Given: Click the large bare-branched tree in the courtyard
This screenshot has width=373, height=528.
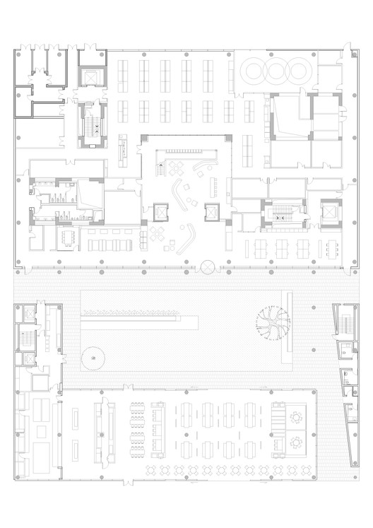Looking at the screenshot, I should (x=273, y=324).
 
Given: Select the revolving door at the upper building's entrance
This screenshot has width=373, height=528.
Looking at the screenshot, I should (x=207, y=268).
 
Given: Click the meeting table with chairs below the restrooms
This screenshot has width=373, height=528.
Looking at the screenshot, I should (x=69, y=236).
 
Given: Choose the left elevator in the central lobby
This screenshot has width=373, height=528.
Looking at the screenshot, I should (x=162, y=211).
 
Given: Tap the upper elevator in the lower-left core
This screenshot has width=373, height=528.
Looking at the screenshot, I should (x=28, y=315).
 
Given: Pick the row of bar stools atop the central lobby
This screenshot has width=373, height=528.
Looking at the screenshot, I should (x=188, y=151).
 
